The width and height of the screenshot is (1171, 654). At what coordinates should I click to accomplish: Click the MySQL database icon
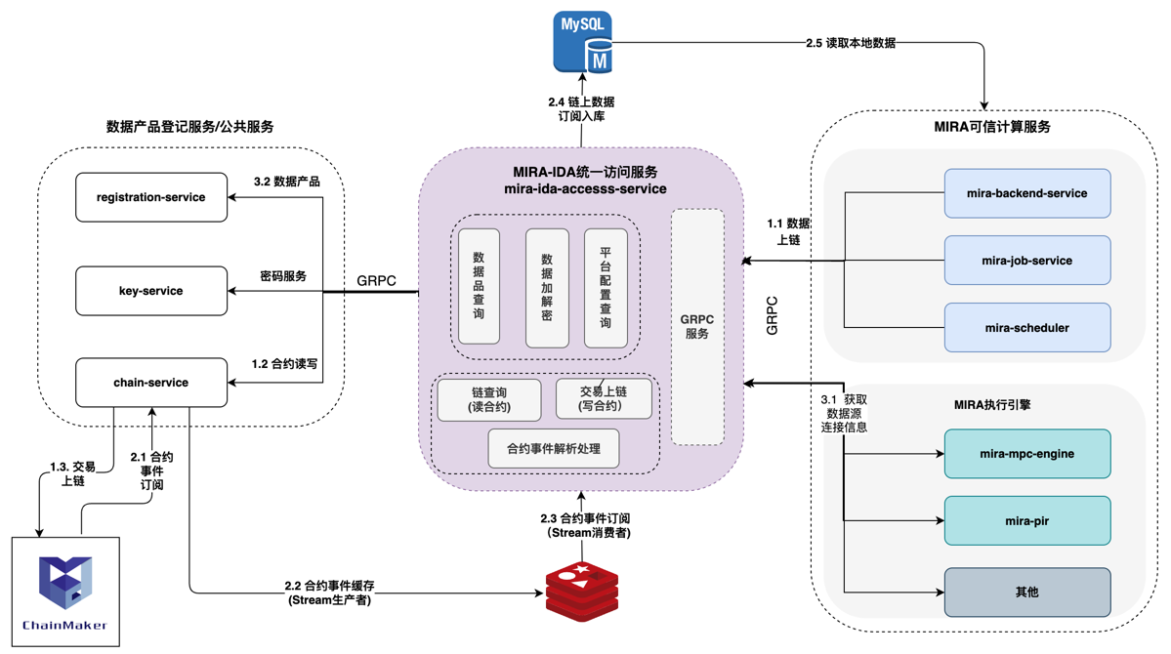click(x=583, y=43)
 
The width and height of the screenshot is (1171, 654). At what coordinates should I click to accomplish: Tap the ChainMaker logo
click(x=65, y=591)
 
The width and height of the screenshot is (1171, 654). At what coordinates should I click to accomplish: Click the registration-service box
click(x=151, y=197)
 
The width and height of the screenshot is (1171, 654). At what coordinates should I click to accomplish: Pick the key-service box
click(x=151, y=291)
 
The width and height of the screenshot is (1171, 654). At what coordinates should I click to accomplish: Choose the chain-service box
click(x=151, y=383)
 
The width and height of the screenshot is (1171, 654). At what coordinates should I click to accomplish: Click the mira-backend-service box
click(x=1026, y=193)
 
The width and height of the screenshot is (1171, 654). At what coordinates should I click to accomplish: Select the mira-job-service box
click(x=1026, y=261)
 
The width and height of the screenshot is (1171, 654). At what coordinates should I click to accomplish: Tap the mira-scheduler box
click(x=1026, y=328)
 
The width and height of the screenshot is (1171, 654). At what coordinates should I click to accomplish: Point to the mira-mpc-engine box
click(x=1026, y=454)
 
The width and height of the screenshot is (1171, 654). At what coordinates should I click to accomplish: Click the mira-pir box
click(x=1026, y=521)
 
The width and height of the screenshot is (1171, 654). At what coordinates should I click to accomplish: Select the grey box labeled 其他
click(x=1026, y=593)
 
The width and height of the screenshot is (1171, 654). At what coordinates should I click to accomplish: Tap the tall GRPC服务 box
click(x=697, y=327)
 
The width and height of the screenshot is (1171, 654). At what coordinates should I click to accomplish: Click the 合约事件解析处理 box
click(x=554, y=449)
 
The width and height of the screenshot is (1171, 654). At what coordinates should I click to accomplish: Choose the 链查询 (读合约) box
click(x=489, y=400)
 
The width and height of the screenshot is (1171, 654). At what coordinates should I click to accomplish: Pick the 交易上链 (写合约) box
click(x=604, y=398)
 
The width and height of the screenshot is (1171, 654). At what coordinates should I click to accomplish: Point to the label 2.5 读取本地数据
click(x=850, y=43)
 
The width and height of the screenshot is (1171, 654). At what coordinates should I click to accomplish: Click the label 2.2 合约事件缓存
click(x=330, y=593)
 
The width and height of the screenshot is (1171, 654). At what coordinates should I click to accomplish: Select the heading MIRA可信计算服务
click(x=991, y=127)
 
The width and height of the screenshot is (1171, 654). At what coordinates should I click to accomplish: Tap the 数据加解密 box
click(x=547, y=289)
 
